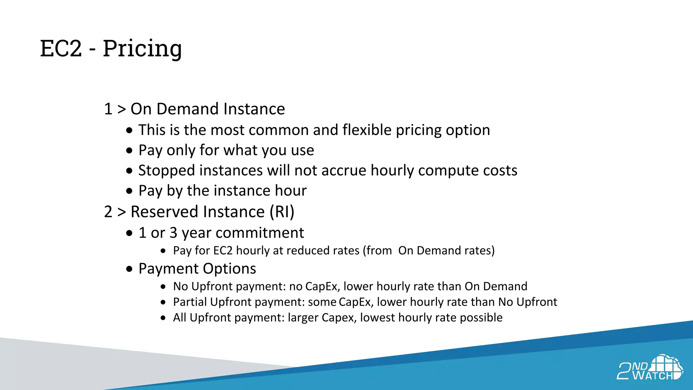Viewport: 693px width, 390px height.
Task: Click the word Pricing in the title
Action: pos(142,48)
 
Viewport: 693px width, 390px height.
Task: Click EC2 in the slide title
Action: pos(61,48)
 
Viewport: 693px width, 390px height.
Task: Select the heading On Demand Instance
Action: pos(207,109)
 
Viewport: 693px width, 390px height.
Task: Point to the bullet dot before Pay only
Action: pos(129,151)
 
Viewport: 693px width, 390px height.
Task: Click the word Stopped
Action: pos(166,171)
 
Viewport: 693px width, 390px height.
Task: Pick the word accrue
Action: pos(343,171)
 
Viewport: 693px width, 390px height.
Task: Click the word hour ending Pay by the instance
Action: pos(290,191)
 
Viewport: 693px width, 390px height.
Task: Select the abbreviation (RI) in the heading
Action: pos(282,212)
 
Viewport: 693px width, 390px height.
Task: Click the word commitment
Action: pos(260,233)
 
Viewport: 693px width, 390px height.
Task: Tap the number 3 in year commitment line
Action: pos(173,233)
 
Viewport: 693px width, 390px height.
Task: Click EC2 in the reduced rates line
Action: pos(223,251)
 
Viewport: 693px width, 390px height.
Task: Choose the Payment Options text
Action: pos(197,269)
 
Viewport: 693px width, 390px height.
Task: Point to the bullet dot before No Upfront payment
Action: pos(163,287)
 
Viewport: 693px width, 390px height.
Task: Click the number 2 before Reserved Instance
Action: pos(108,212)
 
